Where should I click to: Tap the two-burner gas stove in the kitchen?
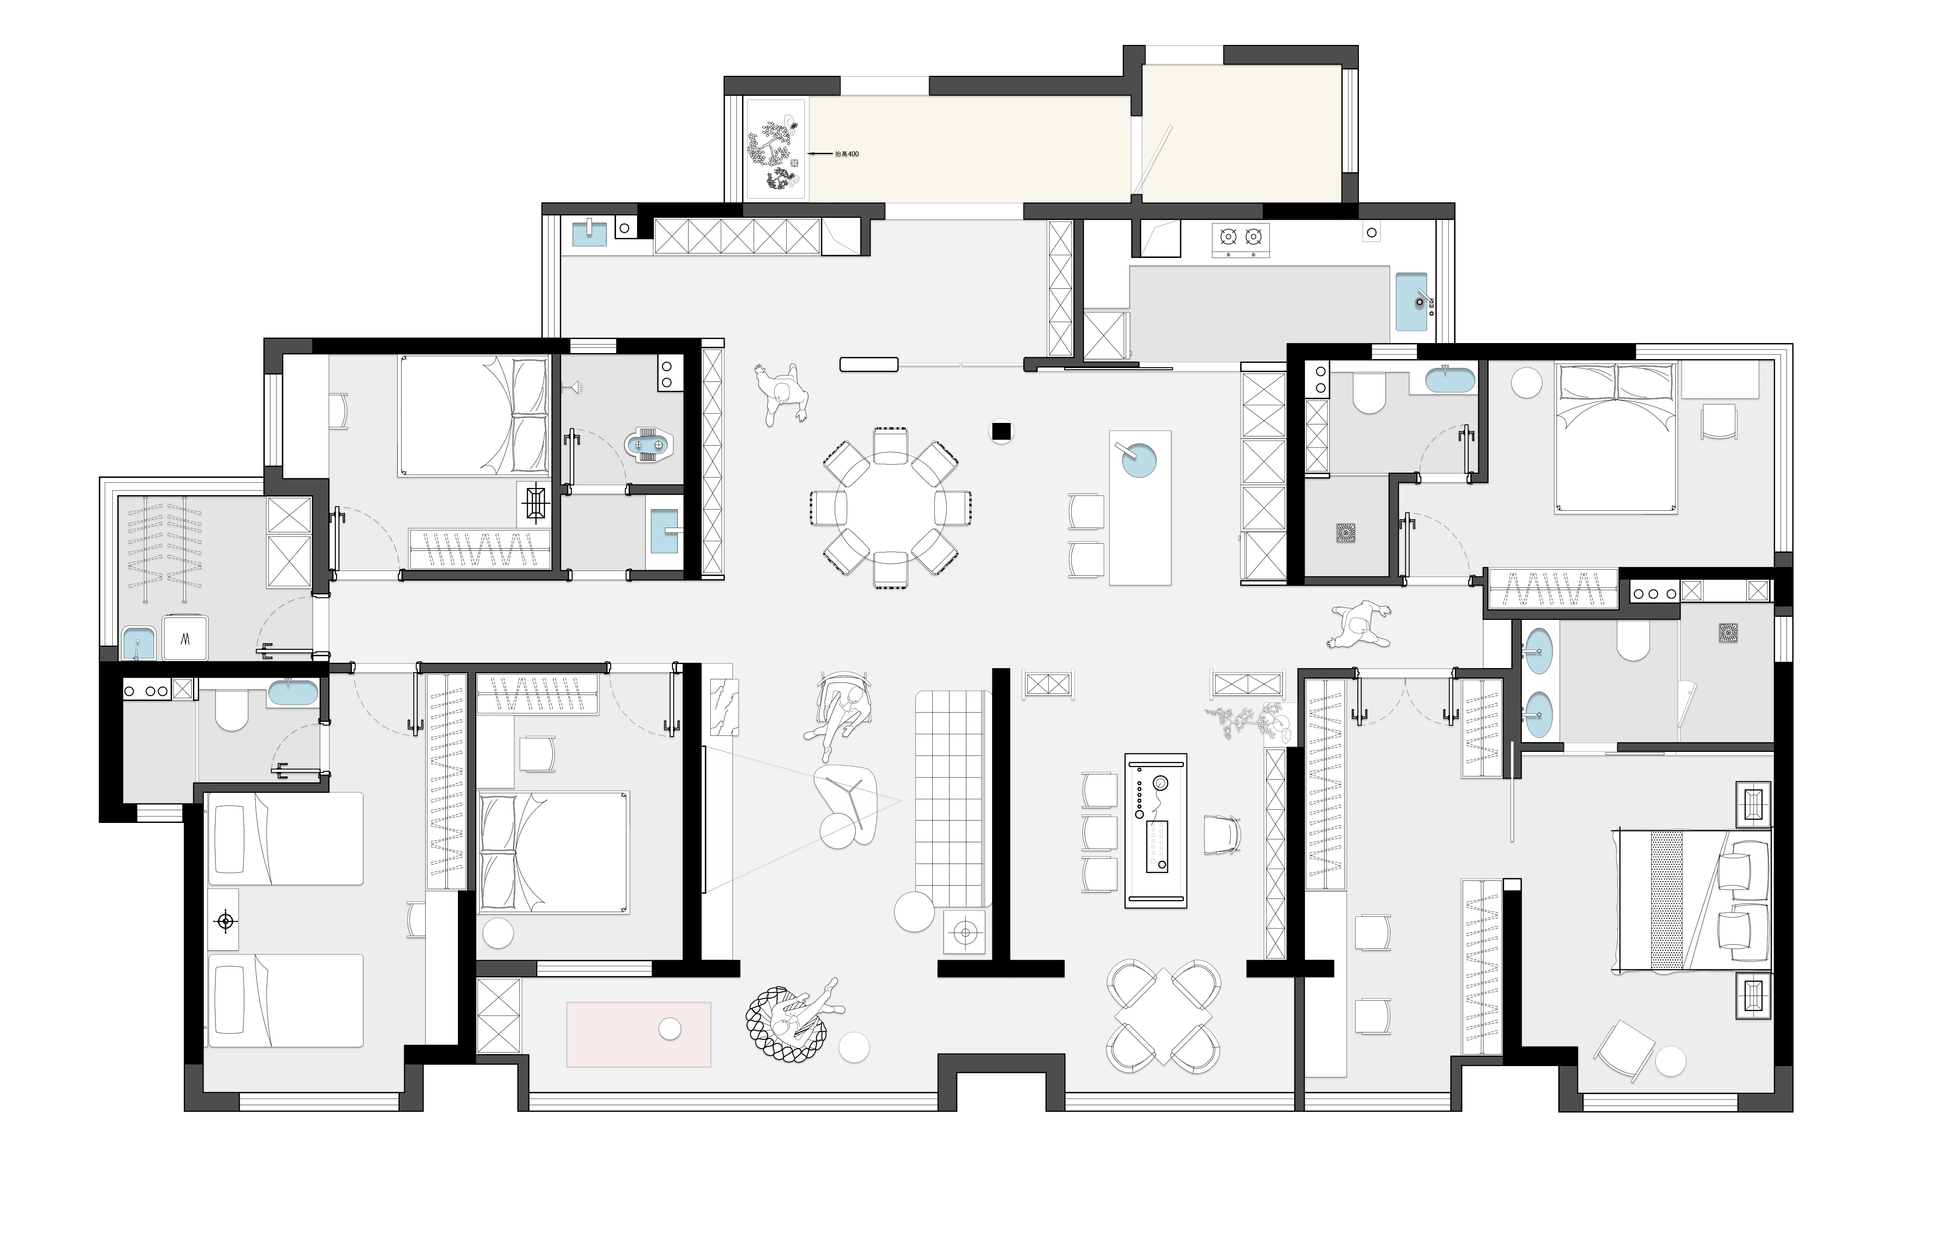click(1240, 240)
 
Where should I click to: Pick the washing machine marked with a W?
click(186, 638)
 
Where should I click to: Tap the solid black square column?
click(1001, 432)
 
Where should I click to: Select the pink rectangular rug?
click(639, 1034)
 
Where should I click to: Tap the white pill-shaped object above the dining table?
click(869, 364)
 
